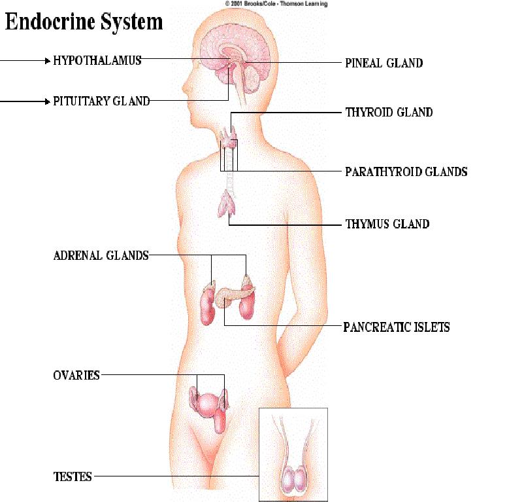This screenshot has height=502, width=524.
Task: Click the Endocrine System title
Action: tap(84, 22)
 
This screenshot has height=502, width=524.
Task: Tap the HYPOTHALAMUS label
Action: tap(97, 61)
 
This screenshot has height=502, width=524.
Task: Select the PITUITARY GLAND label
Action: tap(101, 101)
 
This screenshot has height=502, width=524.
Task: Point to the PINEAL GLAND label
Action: tap(384, 63)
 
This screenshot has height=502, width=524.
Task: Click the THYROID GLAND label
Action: tap(389, 112)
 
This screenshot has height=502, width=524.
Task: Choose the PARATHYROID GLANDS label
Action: tap(406, 171)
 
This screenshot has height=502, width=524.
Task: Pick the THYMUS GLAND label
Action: tap(387, 224)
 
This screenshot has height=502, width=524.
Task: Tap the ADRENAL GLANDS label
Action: tap(101, 256)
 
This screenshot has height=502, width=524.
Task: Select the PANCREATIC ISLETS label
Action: tap(397, 327)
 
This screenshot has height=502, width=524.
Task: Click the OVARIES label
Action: tap(76, 375)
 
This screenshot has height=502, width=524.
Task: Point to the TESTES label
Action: tap(73, 476)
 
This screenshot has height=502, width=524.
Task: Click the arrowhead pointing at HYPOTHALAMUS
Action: tap(48, 61)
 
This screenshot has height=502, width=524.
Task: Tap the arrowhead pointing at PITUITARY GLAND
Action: tap(48, 101)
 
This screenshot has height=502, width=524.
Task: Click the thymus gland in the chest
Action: tap(227, 204)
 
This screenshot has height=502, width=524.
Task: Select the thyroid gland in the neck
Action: tap(229, 137)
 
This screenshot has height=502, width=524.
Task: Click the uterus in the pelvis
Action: tap(209, 404)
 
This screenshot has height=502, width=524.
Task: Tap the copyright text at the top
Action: tap(276, 4)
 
